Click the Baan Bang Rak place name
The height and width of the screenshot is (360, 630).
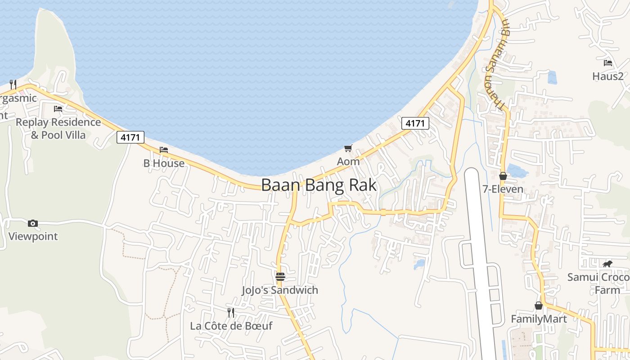(x=319, y=185)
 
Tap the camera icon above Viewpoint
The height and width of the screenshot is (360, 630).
(x=33, y=223)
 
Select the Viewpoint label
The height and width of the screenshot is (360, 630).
(x=33, y=236)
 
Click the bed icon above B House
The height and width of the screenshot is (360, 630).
(x=164, y=149)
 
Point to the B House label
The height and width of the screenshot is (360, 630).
(x=164, y=163)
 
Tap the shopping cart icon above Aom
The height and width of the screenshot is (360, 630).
(x=348, y=148)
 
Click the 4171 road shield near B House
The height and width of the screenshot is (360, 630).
(x=130, y=137)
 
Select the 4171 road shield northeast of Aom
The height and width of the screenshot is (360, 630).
(x=415, y=123)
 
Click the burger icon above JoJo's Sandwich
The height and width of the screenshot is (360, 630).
(x=280, y=276)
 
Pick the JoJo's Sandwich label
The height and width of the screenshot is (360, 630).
(x=280, y=290)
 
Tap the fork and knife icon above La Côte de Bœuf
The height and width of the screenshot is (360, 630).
(x=231, y=312)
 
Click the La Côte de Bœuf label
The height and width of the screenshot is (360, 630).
(x=231, y=326)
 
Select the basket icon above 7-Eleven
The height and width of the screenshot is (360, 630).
(x=503, y=176)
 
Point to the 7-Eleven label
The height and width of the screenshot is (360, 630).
(x=503, y=189)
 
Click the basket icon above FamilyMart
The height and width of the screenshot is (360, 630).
(x=539, y=306)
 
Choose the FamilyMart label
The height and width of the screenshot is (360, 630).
(x=539, y=319)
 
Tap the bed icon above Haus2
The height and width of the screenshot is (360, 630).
(x=608, y=63)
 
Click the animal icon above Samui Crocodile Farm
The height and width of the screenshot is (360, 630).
(x=607, y=264)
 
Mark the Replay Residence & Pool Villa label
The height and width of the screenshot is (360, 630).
(x=58, y=128)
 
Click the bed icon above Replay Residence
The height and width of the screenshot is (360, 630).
(x=58, y=108)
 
